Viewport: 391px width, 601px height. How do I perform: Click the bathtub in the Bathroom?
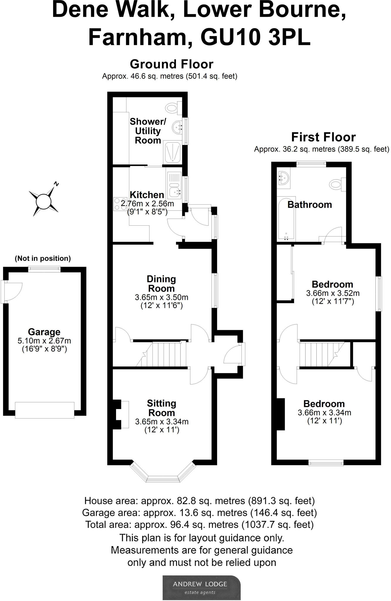[x=286, y=219]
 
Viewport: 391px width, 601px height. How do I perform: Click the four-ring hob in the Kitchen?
[x=120, y=204]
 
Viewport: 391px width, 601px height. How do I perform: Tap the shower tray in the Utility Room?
[x=173, y=151]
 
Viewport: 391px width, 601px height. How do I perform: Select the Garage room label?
[x=44, y=332]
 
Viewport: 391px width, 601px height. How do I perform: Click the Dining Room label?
[x=161, y=283]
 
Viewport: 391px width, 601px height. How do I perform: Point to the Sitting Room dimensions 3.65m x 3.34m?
[x=162, y=422]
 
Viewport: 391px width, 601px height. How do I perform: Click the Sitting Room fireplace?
[x=121, y=414]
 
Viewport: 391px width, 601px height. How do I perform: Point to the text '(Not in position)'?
[x=43, y=258]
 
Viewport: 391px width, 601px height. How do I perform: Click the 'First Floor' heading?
[x=323, y=137]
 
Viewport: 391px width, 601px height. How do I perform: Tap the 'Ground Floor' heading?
[x=172, y=64]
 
